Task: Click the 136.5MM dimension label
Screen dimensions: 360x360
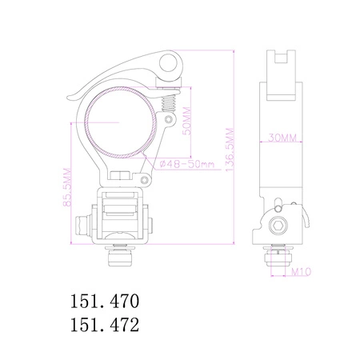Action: coord(230,150)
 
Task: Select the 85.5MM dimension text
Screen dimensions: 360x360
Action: coord(67,187)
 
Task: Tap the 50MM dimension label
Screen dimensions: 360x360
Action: coord(186,121)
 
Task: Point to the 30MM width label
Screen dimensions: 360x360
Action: coord(282,138)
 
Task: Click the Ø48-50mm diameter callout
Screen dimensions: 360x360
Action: coord(187,164)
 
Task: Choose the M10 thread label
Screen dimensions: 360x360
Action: coord(301,272)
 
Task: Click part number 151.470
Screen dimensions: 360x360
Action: coord(105,301)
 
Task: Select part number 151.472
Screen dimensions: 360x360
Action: coord(105,325)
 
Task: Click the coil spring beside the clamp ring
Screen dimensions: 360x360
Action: coord(170,103)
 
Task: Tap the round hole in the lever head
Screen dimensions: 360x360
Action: coord(168,63)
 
